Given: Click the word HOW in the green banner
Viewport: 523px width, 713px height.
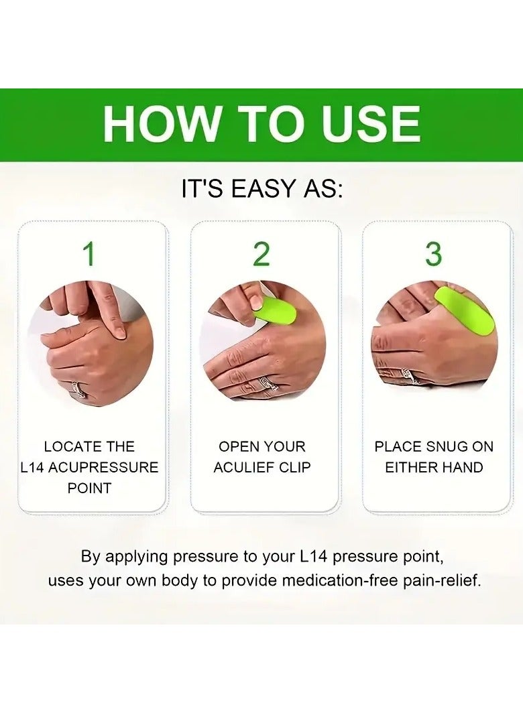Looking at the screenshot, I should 162,125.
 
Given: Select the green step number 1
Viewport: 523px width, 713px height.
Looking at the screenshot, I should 89,255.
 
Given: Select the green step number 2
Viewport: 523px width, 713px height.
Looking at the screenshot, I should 261,255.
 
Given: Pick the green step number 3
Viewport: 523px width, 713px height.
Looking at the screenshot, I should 434,255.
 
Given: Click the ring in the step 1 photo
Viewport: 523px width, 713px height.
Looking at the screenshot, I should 78,389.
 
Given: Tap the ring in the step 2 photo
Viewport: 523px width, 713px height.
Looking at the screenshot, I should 268,384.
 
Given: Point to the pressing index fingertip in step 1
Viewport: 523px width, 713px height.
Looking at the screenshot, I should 118,329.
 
